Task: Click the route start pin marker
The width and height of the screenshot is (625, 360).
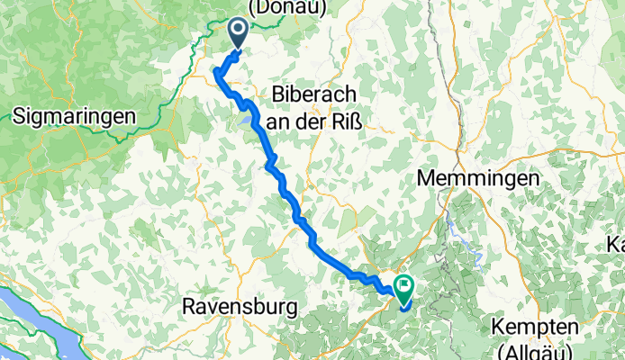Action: click(x=240, y=33)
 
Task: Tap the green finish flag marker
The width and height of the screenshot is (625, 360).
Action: click(x=403, y=290)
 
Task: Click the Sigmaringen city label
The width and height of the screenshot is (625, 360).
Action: click(x=75, y=116)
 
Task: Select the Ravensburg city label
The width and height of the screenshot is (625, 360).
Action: click(x=240, y=307)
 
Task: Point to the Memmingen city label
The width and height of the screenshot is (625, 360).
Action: click(x=478, y=178)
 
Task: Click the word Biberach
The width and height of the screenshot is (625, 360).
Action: click(x=315, y=95)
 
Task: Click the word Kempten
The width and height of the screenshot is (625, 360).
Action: click(x=538, y=326)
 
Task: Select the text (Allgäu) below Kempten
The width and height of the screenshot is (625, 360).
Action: click(x=538, y=348)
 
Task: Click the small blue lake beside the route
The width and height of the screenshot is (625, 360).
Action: click(x=244, y=118)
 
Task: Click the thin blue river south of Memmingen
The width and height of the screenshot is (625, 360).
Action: click(x=462, y=241)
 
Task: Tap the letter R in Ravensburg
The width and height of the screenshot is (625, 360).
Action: click(x=188, y=307)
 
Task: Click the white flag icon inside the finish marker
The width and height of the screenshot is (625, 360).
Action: click(x=403, y=288)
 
